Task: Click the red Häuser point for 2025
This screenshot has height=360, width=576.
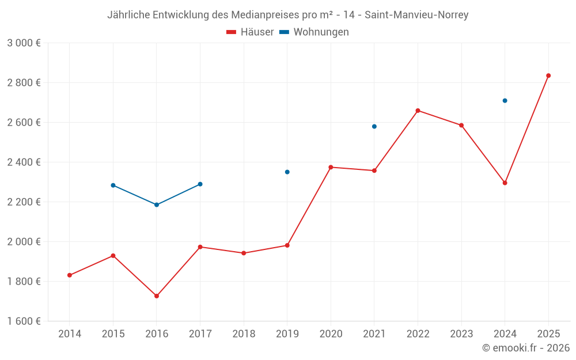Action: (x=548, y=75)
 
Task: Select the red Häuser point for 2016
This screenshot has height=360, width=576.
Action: (x=157, y=296)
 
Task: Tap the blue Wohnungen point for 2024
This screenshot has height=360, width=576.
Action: (x=505, y=101)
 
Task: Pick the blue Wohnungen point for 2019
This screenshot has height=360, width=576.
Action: (x=287, y=172)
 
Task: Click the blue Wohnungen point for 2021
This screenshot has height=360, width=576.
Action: (x=374, y=126)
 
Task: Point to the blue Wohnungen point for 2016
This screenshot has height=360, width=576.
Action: (x=157, y=205)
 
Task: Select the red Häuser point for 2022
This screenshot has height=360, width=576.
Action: (x=418, y=111)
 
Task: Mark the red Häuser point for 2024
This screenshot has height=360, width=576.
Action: (x=505, y=183)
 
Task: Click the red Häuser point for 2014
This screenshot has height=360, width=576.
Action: (x=70, y=275)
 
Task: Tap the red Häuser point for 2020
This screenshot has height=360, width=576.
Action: (x=331, y=167)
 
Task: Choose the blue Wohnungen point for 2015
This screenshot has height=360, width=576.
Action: (x=113, y=185)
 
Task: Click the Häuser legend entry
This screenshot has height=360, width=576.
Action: (x=250, y=32)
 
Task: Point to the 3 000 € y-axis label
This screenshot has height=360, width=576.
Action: (x=24, y=43)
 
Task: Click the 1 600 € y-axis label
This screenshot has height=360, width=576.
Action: (x=24, y=321)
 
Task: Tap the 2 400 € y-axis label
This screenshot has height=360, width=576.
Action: (x=24, y=162)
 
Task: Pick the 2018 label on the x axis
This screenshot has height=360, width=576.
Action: (x=244, y=334)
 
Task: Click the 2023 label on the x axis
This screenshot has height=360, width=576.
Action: (x=461, y=334)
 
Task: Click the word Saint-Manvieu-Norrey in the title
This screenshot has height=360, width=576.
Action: (x=416, y=15)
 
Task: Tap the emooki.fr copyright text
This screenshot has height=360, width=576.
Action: (x=526, y=348)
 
